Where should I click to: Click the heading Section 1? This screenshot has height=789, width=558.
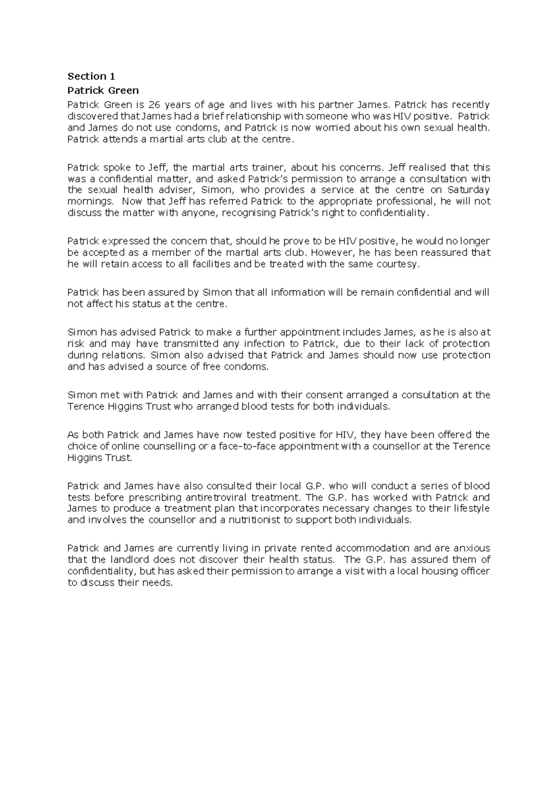[91, 76]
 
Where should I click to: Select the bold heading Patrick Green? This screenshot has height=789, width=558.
[103, 90]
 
